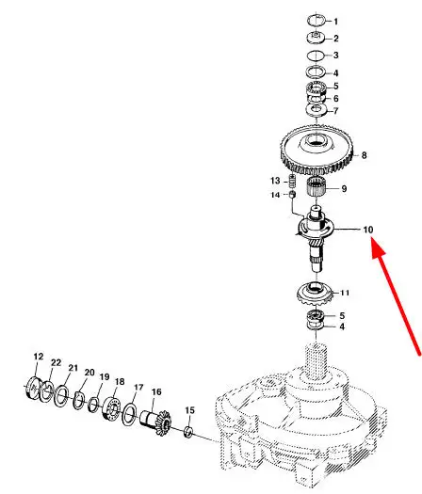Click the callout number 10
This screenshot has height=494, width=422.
point(368,230)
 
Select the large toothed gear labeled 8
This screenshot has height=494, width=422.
point(316,151)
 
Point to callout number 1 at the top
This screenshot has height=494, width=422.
point(336,22)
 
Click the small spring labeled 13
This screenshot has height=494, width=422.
point(293,181)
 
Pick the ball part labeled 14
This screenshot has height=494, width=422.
point(292,195)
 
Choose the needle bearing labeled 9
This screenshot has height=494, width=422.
point(316,187)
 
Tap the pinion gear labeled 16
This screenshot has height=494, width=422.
point(155,422)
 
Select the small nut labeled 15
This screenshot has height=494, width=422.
point(188,431)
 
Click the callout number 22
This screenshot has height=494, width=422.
point(56,362)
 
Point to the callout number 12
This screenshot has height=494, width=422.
point(39,357)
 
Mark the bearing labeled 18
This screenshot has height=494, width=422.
point(112,408)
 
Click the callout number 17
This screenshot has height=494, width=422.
point(138,387)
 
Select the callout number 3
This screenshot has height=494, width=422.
point(336,56)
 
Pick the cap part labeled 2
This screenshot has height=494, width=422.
point(316,38)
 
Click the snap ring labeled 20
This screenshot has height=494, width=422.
point(79,400)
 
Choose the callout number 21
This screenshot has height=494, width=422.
point(73,368)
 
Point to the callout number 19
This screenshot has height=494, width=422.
point(105,376)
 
